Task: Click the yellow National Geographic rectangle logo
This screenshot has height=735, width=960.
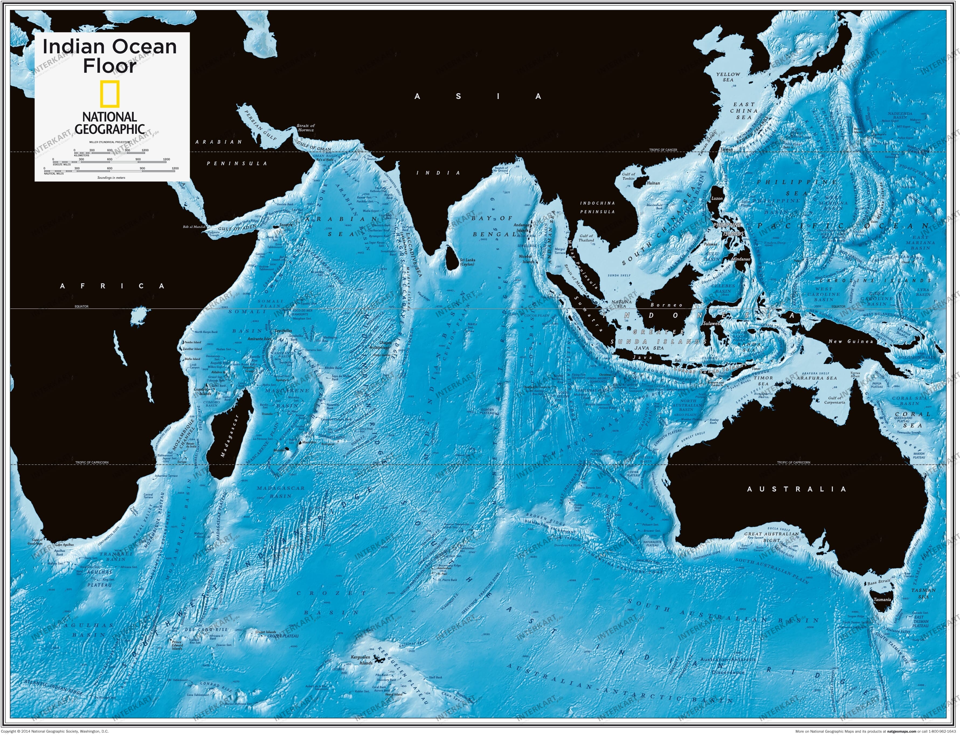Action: [x=109, y=93]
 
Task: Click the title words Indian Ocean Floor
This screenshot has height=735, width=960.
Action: [x=109, y=56]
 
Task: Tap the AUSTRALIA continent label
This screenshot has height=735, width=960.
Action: [x=796, y=489]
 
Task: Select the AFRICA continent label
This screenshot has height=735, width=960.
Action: [x=113, y=286]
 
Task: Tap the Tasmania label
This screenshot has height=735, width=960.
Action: [x=882, y=599]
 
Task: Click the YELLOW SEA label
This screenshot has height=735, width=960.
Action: [x=728, y=77]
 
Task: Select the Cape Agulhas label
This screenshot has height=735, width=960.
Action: [x=64, y=545]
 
